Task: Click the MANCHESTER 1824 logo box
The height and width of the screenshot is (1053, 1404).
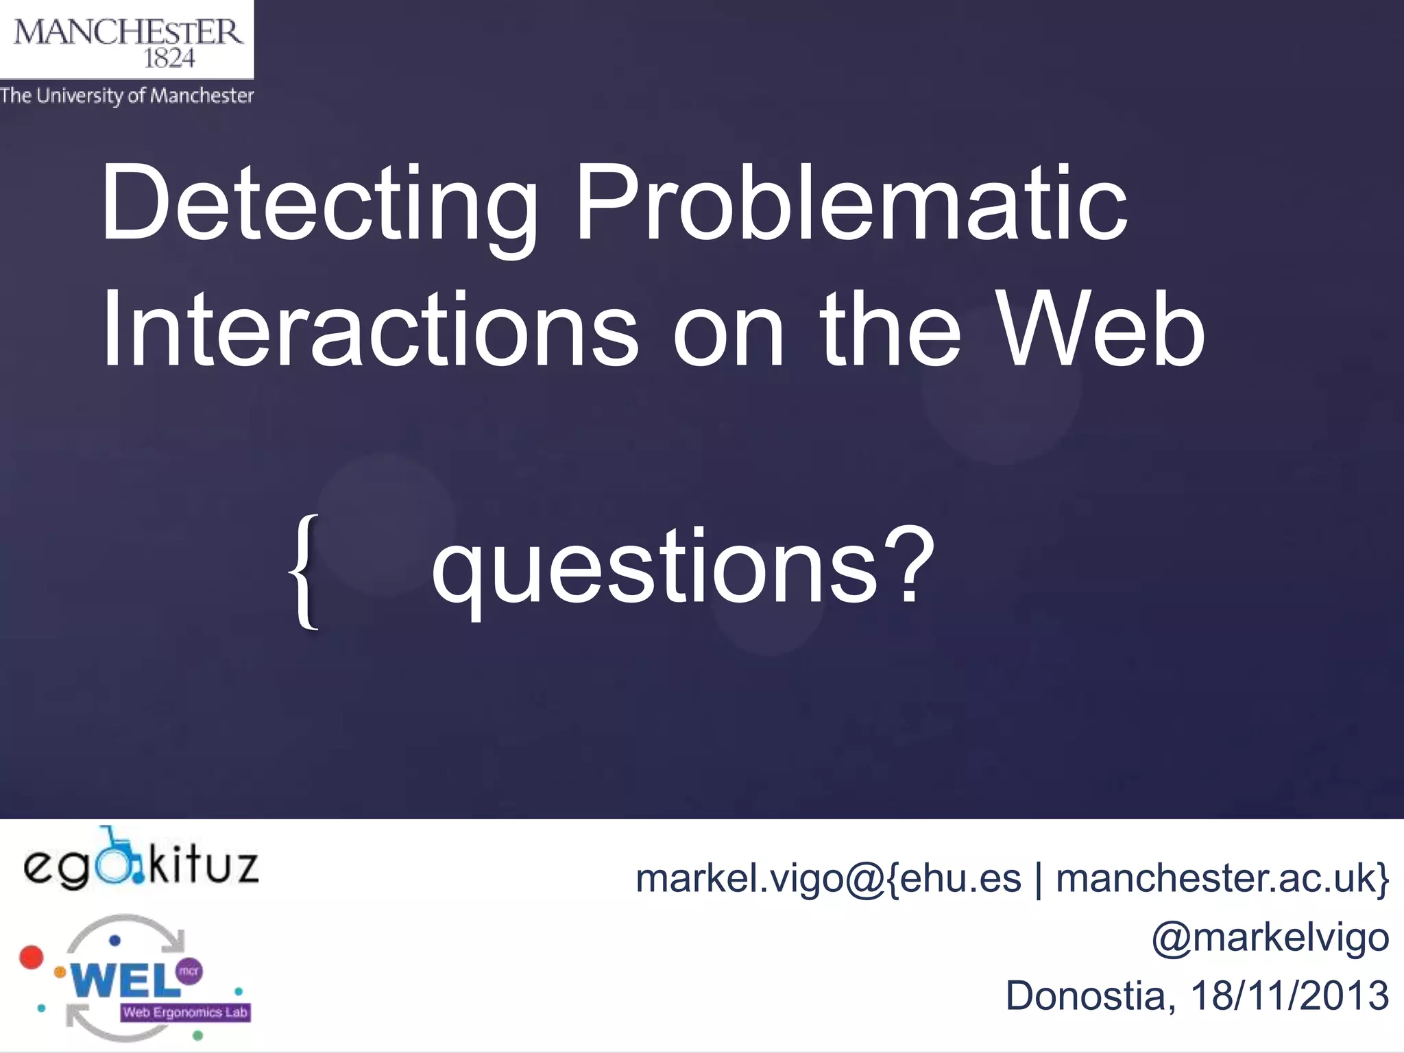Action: click(127, 40)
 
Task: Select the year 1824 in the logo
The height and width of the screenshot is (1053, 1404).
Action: click(169, 59)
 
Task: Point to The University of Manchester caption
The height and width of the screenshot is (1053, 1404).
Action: click(127, 95)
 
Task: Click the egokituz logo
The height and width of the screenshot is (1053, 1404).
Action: click(141, 861)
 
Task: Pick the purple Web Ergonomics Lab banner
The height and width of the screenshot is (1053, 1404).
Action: click(185, 1013)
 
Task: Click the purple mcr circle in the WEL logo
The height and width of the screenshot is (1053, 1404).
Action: click(189, 971)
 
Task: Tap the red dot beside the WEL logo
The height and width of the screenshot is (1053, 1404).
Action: click(31, 957)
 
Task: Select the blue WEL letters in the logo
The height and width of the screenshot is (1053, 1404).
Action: click(123, 980)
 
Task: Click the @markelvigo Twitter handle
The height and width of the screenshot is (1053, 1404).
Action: click(1270, 937)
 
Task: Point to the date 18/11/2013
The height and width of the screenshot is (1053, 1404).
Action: click(1290, 995)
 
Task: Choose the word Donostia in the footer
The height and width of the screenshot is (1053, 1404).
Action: click(1085, 995)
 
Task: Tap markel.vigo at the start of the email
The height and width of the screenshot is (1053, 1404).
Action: click(739, 878)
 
